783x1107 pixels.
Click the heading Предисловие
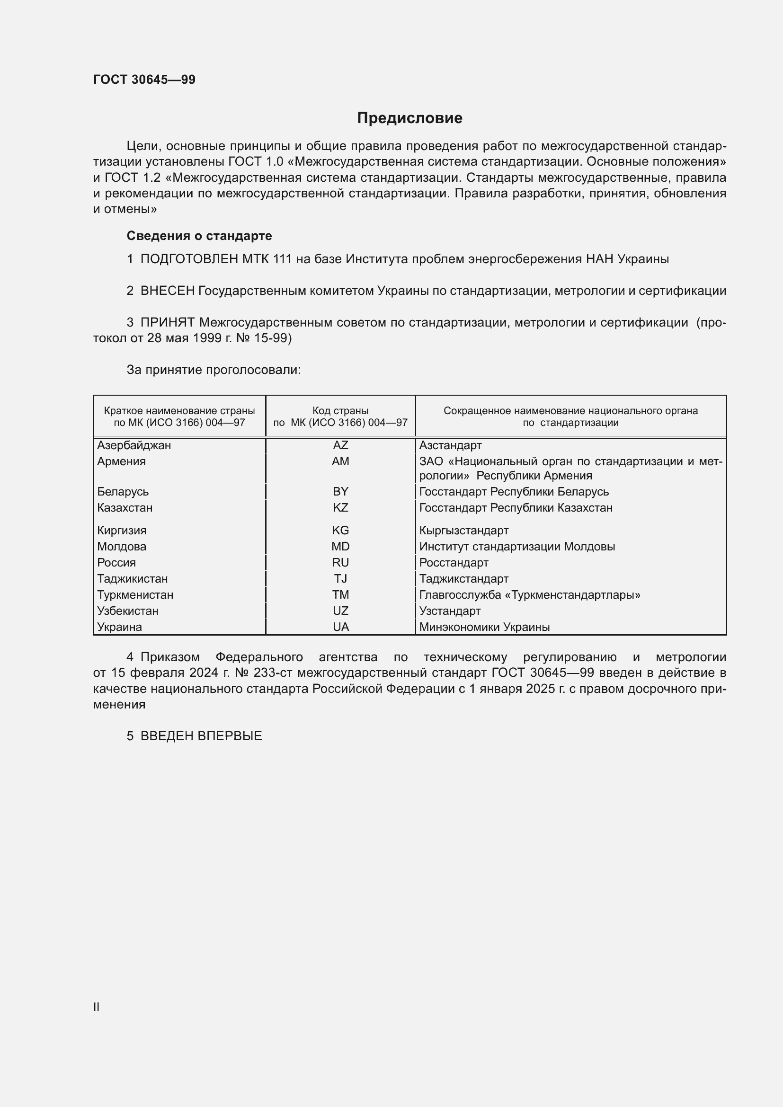pos(409,118)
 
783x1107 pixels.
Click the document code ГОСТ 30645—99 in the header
pos(144,80)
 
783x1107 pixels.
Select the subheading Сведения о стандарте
pos(199,236)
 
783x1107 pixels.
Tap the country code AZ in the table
pos(340,445)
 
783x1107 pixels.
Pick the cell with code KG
pos(340,531)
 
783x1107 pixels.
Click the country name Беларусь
pos(123,491)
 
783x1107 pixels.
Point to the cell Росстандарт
pos(454,563)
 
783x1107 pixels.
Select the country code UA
pos(340,627)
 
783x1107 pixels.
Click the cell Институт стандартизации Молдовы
pos(517,546)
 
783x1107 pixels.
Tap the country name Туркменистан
pos(135,594)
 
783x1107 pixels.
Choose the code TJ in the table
pos(340,578)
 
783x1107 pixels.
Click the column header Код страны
pos(340,411)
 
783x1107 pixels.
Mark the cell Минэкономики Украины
pos(484,627)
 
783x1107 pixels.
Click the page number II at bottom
pos(97,1007)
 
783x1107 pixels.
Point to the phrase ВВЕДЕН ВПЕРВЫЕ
pos(201,736)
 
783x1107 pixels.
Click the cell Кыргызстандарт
pos(464,531)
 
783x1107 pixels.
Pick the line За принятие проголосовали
pos(214,370)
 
